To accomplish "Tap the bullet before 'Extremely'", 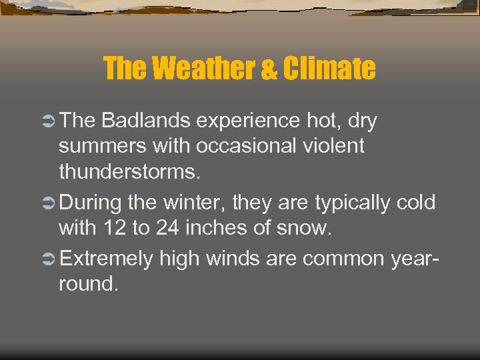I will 49,258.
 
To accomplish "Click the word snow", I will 306,228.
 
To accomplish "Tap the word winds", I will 235,258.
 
